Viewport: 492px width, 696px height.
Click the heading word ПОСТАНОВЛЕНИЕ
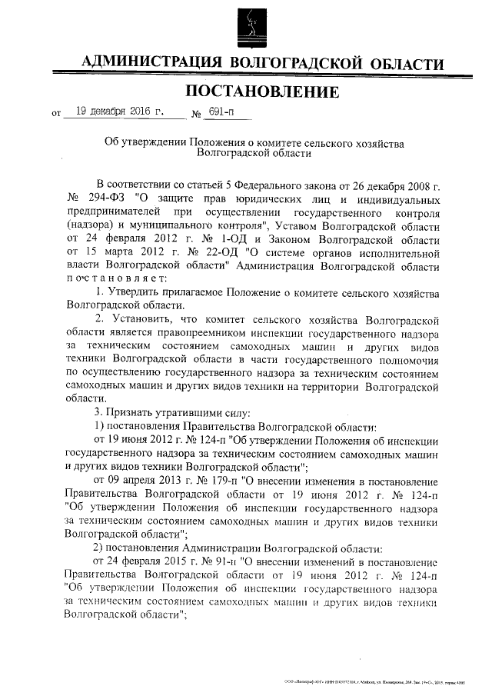pyautogui.click(x=262, y=93)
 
